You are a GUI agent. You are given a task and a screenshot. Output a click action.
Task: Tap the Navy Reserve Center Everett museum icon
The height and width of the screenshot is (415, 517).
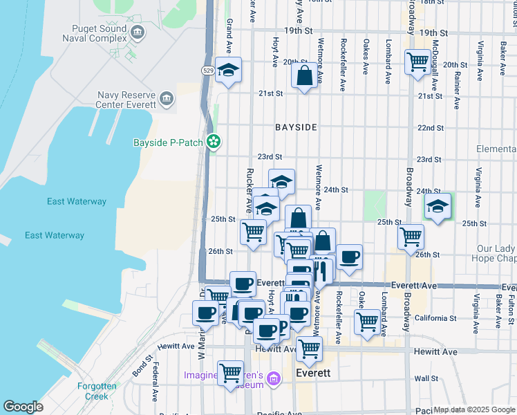[x=166, y=99]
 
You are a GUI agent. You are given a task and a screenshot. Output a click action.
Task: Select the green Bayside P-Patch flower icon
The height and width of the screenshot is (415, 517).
[x=214, y=142]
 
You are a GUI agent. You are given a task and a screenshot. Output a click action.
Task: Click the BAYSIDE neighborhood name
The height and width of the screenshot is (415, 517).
[x=296, y=127]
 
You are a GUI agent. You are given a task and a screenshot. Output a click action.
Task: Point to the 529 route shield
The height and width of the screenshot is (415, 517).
[x=208, y=71]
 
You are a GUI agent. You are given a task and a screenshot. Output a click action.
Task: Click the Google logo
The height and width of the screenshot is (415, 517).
[x=23, y=407]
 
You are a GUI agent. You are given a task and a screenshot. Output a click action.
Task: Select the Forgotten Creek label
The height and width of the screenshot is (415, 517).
[x=83, y=391]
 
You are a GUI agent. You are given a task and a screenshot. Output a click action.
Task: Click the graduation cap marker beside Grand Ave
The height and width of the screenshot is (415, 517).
[x=227, y=70]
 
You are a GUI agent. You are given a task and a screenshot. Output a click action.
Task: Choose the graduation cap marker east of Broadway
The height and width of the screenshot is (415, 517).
[x=437, y=206]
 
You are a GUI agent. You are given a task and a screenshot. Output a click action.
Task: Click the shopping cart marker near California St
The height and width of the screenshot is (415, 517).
[x=367, y=321]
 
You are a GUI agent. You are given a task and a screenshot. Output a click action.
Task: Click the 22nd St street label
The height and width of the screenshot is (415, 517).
[x=430, y=128]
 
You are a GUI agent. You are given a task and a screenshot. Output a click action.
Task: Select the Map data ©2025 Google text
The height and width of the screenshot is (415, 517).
[x=473, y=409]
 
